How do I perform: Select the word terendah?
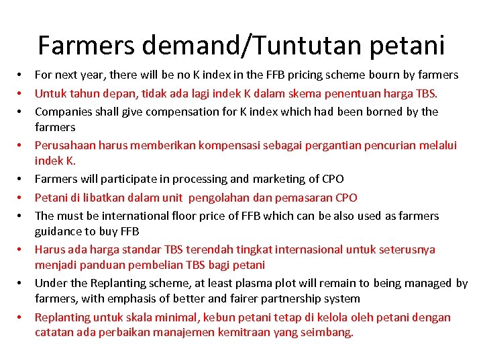point(212,249)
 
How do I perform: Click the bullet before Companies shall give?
point(21,111)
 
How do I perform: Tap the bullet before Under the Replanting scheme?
point(21,283)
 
